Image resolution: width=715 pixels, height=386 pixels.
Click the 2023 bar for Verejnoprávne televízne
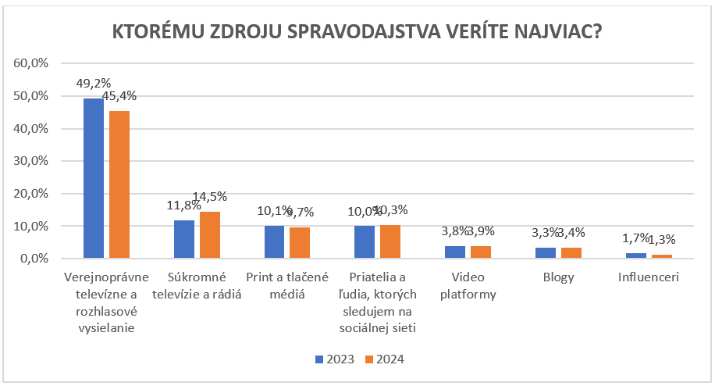coord(94,178)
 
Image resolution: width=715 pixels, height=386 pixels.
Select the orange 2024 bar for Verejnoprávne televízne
coord(119,184)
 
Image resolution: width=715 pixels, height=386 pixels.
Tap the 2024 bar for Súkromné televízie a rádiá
coord(209,234)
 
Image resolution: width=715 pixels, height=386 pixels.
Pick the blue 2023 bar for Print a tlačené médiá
coord(274,241)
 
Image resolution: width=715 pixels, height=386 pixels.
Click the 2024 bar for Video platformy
coord(480,252)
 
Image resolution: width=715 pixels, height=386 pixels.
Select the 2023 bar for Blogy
coord(546,252)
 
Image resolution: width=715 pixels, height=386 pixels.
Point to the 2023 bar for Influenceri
coord(636,256)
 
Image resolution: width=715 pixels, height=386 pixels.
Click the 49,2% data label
coord(94,83)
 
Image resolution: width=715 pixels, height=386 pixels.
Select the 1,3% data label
coord(662,240)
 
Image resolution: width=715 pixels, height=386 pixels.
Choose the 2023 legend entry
coord(333,359)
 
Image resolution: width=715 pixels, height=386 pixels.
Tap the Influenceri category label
coord(649,277)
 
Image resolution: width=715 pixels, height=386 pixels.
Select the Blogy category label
coord(558,277)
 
